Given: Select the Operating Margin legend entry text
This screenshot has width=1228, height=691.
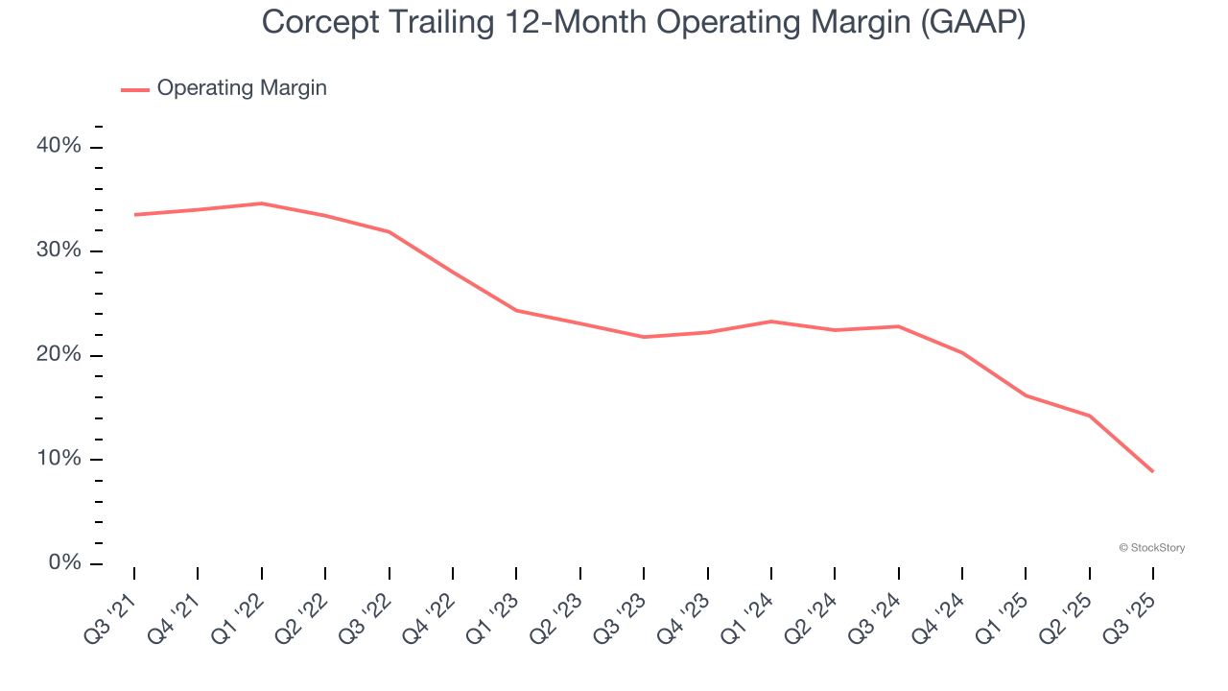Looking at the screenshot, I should pos(242,88).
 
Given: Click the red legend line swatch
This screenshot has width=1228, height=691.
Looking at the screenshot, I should pos(134,89).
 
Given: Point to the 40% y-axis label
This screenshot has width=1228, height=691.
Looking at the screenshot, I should pos(59,146).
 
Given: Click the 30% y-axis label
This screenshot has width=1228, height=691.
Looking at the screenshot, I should pos(59,250).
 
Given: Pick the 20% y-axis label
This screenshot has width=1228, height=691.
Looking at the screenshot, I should pos(59,355).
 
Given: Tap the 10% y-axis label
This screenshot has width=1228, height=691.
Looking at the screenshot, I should pos(59,459).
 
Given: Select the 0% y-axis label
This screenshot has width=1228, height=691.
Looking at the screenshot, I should pos(64,563).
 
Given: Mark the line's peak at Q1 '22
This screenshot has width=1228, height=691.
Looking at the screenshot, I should pos(261,203).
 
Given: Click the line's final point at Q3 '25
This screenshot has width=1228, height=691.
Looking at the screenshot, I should pos(1152,471).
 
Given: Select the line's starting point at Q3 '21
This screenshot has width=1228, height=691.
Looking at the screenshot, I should pos(134,215).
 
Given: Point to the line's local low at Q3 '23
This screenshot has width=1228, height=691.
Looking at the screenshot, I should pos(643,337).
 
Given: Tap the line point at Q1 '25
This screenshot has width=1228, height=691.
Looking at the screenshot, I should pos(1026,395).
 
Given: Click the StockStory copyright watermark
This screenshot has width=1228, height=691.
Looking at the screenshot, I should pos(1151,548).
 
